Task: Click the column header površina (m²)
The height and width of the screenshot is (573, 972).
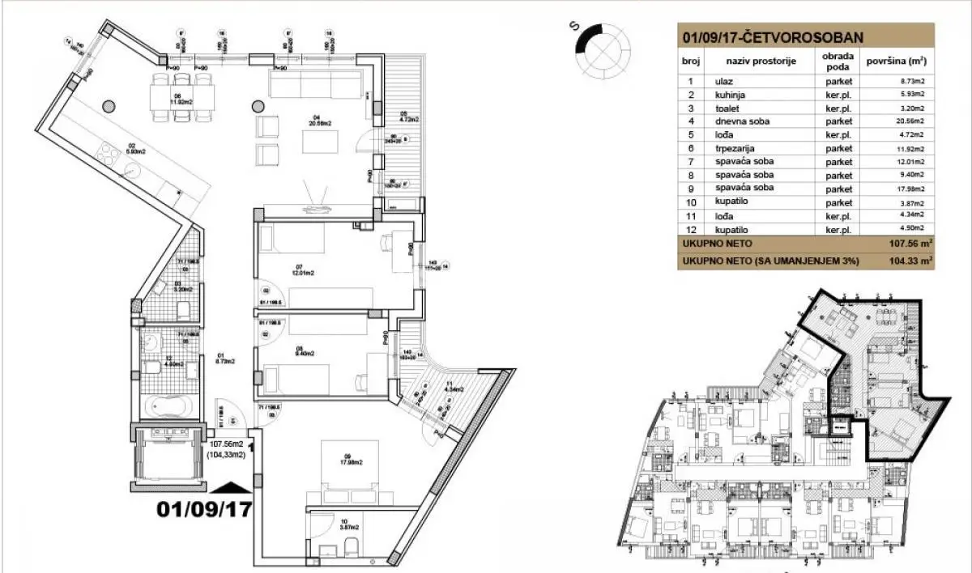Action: point(896,60)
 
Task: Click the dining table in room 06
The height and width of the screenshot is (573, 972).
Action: point(183,100)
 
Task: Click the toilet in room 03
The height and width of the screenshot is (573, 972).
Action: point(182,308)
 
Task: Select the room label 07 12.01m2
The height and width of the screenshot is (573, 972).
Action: point(281,270)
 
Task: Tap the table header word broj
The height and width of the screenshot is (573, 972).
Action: point(690,60)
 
